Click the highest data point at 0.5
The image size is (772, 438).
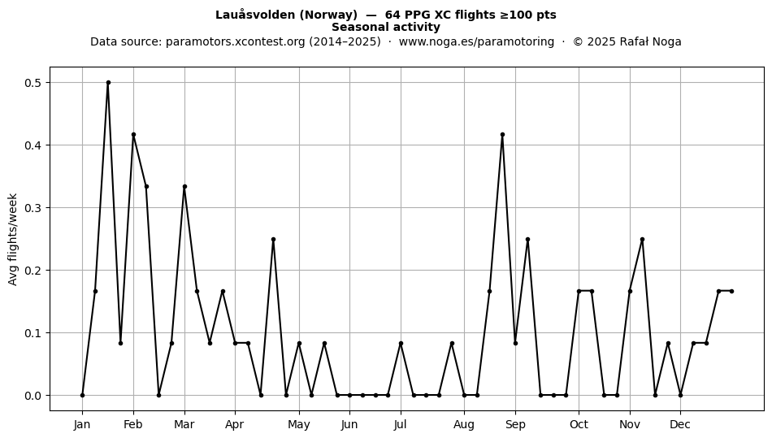(x=108, y=83)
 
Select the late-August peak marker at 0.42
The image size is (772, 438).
(x=502, y=134)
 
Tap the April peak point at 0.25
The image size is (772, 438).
(x=273, y=239)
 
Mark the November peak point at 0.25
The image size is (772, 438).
(x=642, y=239)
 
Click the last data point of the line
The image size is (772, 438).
(x=731, y=292)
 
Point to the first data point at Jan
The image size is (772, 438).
(x=82, y=395)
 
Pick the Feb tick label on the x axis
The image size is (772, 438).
(x=133, y=424)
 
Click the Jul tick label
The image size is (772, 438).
(x=401, y=424)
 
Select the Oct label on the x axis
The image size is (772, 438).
(x=579, y=424)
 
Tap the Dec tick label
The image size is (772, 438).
(x=680, y=424)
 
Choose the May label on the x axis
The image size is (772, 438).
(x=299, y=424)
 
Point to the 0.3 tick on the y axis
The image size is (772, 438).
(x=33, y=208)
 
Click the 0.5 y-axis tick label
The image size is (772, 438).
(x=33, y=83)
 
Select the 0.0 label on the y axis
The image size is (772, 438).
(x=33, y=396)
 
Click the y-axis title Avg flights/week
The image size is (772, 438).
(x=13, y=239)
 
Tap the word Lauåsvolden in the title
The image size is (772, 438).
(x=255, y=15)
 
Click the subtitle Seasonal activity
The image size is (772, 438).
(x=385, y=27)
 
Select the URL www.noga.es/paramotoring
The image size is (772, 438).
(x=476, y=41)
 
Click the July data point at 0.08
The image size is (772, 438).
(x=401, y=344)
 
